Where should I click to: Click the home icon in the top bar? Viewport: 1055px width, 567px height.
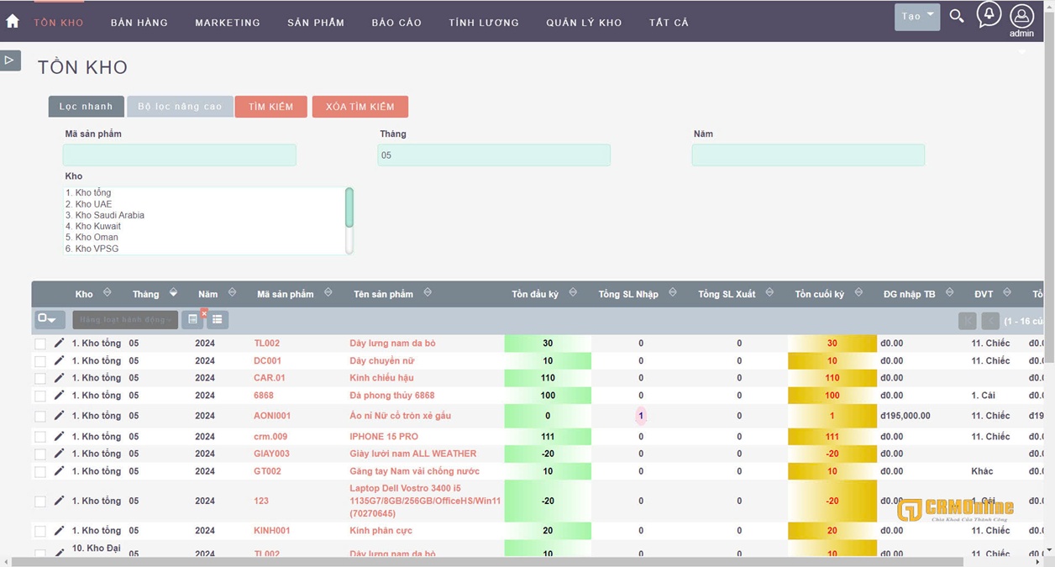click(x=13, y=21)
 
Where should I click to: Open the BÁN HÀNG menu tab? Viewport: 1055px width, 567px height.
click(x=139, y=23)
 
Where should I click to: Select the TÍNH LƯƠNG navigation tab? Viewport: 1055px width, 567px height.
click(x=484, y=23)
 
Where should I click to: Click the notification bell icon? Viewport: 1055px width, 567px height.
click(x=989, y=14)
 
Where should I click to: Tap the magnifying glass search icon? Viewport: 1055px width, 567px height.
click(x=957, y=16)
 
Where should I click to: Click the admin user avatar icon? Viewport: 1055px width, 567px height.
click(x=1021, y=16)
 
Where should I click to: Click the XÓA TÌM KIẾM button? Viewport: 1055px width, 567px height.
click(x=360, y=107)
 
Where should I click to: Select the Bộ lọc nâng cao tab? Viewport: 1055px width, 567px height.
click(x=180, y=107)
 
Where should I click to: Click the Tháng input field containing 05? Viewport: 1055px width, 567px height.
click(x=494, y=155)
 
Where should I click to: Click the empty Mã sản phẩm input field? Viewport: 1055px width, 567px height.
click(x=180, y=155)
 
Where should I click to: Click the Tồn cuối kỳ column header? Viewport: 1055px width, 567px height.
click(x=819, y=294)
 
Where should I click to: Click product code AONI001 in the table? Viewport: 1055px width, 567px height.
click(x=272, y=416)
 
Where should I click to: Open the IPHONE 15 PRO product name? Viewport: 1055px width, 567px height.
click(x=384, y=437)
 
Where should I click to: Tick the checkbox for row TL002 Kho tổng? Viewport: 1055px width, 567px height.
click(x=40, y=344)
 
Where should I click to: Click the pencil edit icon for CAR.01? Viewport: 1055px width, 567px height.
click(x=59, y=378)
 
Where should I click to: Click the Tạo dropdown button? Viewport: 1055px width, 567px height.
click(x=916, y=16)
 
